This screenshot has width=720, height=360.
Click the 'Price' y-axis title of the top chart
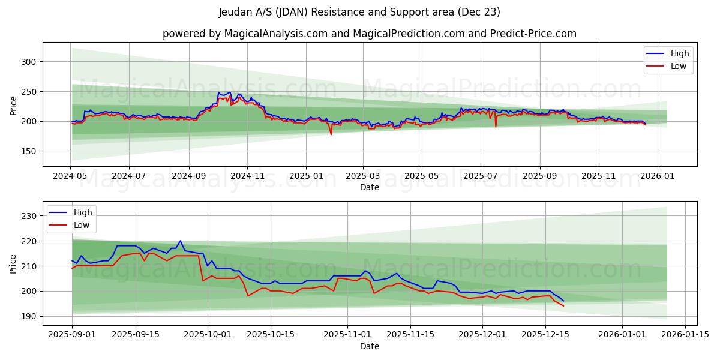pyautogui.click(x=13, y=106)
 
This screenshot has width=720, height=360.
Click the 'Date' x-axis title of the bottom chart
pyautogui.click(x=369, y=346)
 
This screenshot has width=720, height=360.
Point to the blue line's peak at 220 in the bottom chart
pyautogui.click(x=180, y=241)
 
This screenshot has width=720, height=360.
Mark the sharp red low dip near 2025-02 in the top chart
pyautogui.click(x=331, y=134)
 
